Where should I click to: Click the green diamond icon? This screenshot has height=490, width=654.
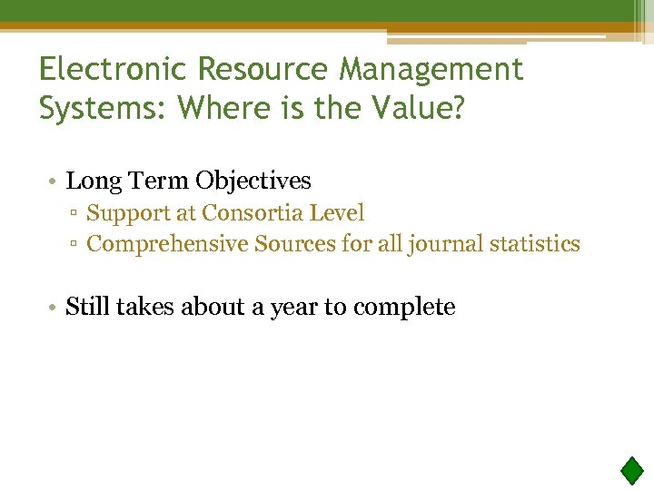[x=632, y=471]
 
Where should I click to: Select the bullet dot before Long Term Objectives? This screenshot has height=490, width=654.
[x=54, y=181]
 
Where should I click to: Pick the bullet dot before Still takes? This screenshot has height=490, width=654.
[x=54, y=308]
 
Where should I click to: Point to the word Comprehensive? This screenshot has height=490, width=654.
[x=168, y=244]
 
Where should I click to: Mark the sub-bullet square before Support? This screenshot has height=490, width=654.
[x=78, y=214]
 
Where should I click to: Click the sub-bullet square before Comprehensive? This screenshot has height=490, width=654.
[x=78, y=245]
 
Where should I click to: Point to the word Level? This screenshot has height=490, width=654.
[x=338, y=213]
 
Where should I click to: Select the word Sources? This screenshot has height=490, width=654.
[x=292, y=244]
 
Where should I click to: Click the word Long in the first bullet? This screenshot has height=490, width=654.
[x=88, y=181]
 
